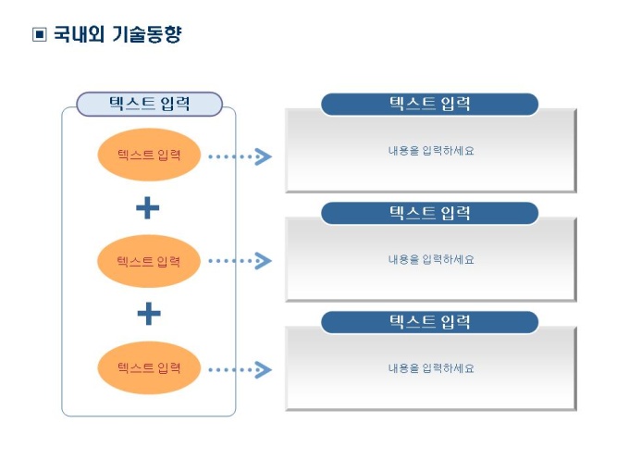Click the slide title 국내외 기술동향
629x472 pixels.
117,35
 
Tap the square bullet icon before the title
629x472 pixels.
39,35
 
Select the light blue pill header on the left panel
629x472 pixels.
149,104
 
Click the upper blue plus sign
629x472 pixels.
148,208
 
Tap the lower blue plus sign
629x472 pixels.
148,315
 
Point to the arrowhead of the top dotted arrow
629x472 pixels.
264,156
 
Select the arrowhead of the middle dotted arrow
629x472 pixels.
264,261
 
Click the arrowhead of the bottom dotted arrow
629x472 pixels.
264,370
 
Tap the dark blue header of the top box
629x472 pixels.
429,105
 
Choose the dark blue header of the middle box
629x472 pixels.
429,214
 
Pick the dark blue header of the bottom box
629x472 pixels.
429,322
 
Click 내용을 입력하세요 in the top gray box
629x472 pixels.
431,151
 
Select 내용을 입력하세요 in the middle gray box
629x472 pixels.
431,260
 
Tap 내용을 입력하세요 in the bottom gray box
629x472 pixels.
431,368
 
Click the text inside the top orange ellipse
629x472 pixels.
148,155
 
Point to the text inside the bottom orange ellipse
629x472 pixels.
148,367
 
